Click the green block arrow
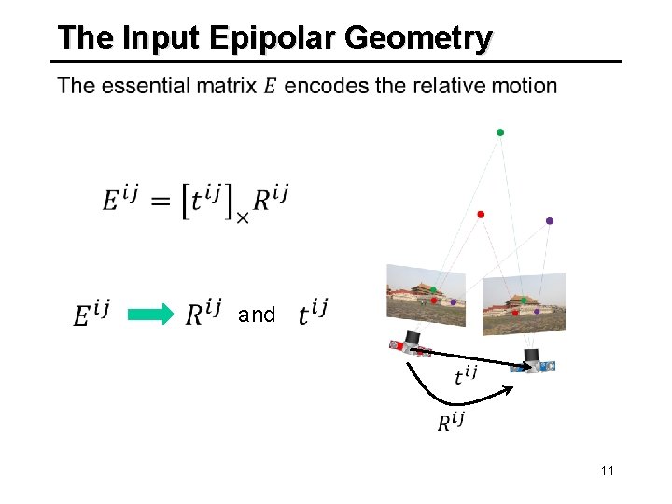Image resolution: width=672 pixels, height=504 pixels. [149, 315]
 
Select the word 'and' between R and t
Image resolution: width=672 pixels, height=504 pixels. [257, 315]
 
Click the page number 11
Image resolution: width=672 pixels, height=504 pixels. [608, 470]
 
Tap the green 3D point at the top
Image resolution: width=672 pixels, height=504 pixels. [500, 133]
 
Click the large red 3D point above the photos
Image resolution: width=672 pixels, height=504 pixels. [481, 215]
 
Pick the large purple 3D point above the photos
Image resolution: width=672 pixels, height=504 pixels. [550, 221]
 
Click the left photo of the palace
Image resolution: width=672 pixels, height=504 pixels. [427, 294]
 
